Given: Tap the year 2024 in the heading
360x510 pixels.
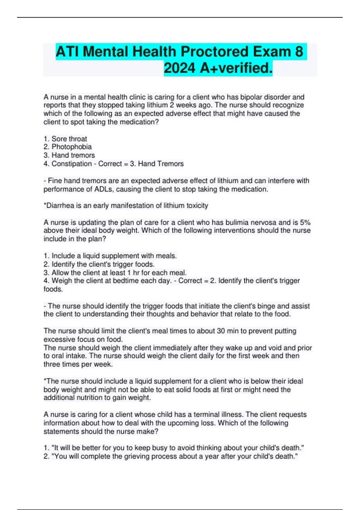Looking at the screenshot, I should (x=179, y=68).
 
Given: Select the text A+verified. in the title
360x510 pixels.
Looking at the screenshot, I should (x=236, y=68).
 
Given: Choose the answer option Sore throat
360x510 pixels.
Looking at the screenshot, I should (x=69, y=139).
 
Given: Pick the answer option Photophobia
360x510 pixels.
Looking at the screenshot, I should (x=72, y=147).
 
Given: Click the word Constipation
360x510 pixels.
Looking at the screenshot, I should (x=72, y=164).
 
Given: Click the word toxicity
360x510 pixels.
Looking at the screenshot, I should (x=197, y=206).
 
